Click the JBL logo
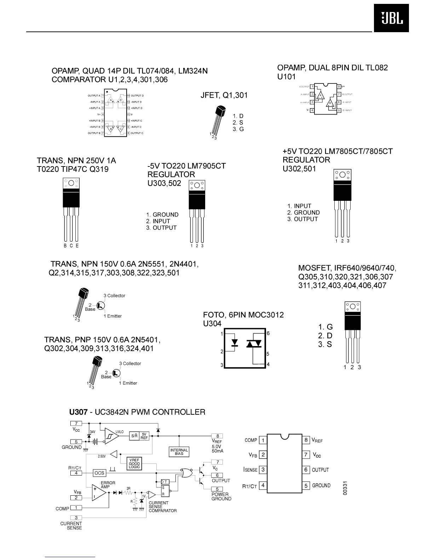tap(391, 18)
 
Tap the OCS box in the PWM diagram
tap(99, 473)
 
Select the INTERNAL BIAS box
tap(179, 452)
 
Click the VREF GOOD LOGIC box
tap(134, 463)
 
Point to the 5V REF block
tap(144, 436)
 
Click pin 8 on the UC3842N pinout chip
tap(306, 440)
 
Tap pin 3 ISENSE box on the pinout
tap(263, 470)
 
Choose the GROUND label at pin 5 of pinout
tap(321, 485)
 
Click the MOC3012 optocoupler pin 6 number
tap(268, 333)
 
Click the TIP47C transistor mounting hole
tap(71, 183)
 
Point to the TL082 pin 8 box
tap(339, 87)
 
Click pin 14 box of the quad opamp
tap(128, 95)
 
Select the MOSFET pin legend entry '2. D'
tap(325, 336)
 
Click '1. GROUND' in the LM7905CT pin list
tap(162, 215)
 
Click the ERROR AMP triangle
tap(99, 492)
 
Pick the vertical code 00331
tap(346, 488)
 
